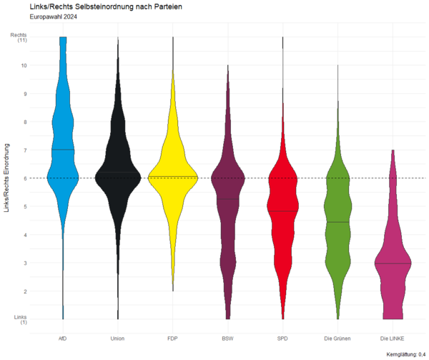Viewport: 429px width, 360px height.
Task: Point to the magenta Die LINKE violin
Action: [x=393, y=272]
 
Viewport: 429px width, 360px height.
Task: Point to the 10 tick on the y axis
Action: [x=24, y=65]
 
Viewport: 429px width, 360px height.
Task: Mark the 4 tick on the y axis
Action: [x=24, y=235]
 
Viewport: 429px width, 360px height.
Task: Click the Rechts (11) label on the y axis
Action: [x=19, y=37]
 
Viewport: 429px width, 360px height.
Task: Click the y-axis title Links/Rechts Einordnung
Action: [x=7, y=178]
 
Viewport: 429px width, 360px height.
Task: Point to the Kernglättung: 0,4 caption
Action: [x=405, y=354]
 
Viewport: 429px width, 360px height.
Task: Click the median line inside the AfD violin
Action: [x=63, y=150]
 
